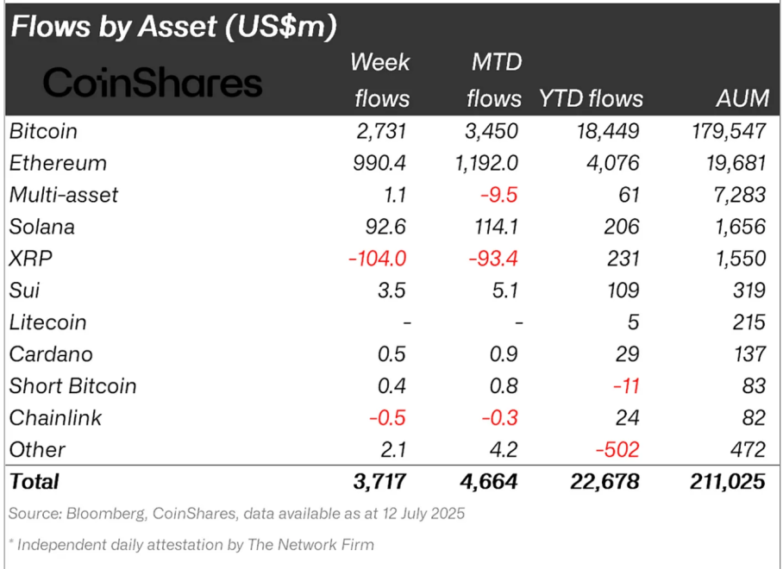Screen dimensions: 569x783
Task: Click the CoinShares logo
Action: pyautogui.click(x=153, y=83)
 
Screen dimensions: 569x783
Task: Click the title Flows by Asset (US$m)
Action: pyautogui.click(x=172, y=27)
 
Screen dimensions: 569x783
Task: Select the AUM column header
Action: pyautogui.click(x=742, y=98)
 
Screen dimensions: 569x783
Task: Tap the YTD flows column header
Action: pyautogui.click(x=591, y=98)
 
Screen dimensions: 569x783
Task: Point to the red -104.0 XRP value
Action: pyautogui.click(x=376, y=259)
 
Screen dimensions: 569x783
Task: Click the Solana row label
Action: pyautogui.click(x=42, y=227)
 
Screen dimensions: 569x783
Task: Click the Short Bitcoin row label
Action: pyautogui.click(x=72, y=386)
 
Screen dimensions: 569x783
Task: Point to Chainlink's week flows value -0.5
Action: pyautogui.click(x=387, y=418)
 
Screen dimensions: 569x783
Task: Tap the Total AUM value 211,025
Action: pyautogui.click(x=729, y=481)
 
